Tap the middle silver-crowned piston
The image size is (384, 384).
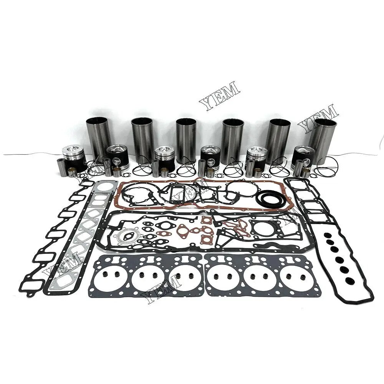pos(164,157)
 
